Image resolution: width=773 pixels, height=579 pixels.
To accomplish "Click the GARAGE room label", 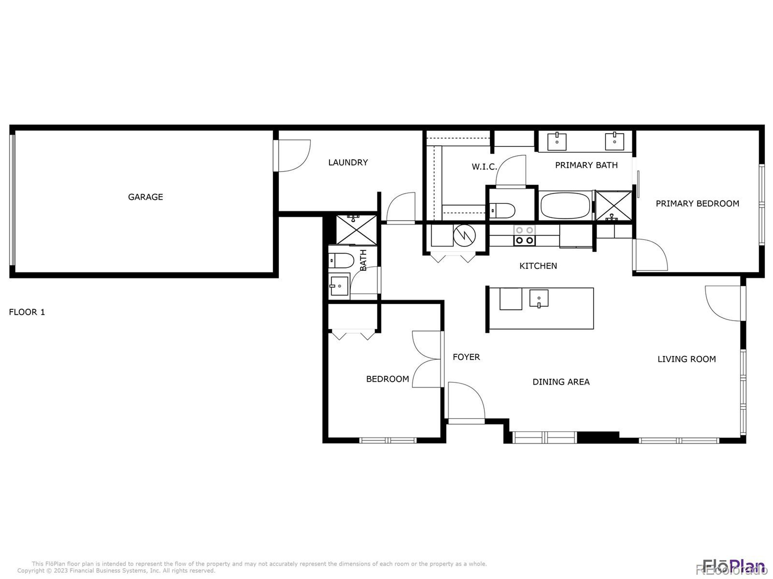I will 145,197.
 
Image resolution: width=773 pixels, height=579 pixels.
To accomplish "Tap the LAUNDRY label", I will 348,162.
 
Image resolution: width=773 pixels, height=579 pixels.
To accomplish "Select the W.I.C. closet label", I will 484,167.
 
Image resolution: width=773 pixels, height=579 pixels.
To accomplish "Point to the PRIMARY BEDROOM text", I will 697,204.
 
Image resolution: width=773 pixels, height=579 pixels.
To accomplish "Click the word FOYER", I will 466,357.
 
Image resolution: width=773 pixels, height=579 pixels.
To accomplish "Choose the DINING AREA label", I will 561,382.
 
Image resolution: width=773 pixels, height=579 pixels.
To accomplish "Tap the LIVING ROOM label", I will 686,359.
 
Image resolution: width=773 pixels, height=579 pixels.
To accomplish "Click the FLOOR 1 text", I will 27,312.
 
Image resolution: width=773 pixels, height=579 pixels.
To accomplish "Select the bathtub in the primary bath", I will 565,206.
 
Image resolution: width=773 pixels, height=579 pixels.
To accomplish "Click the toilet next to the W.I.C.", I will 502,210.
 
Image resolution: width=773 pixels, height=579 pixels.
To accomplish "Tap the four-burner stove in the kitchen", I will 524,235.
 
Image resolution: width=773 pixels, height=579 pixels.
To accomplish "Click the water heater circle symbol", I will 464,236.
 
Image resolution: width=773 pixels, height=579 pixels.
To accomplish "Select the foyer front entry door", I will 466,401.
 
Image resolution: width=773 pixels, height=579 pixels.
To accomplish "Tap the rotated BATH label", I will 364,260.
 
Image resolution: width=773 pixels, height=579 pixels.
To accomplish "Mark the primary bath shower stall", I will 614,206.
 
